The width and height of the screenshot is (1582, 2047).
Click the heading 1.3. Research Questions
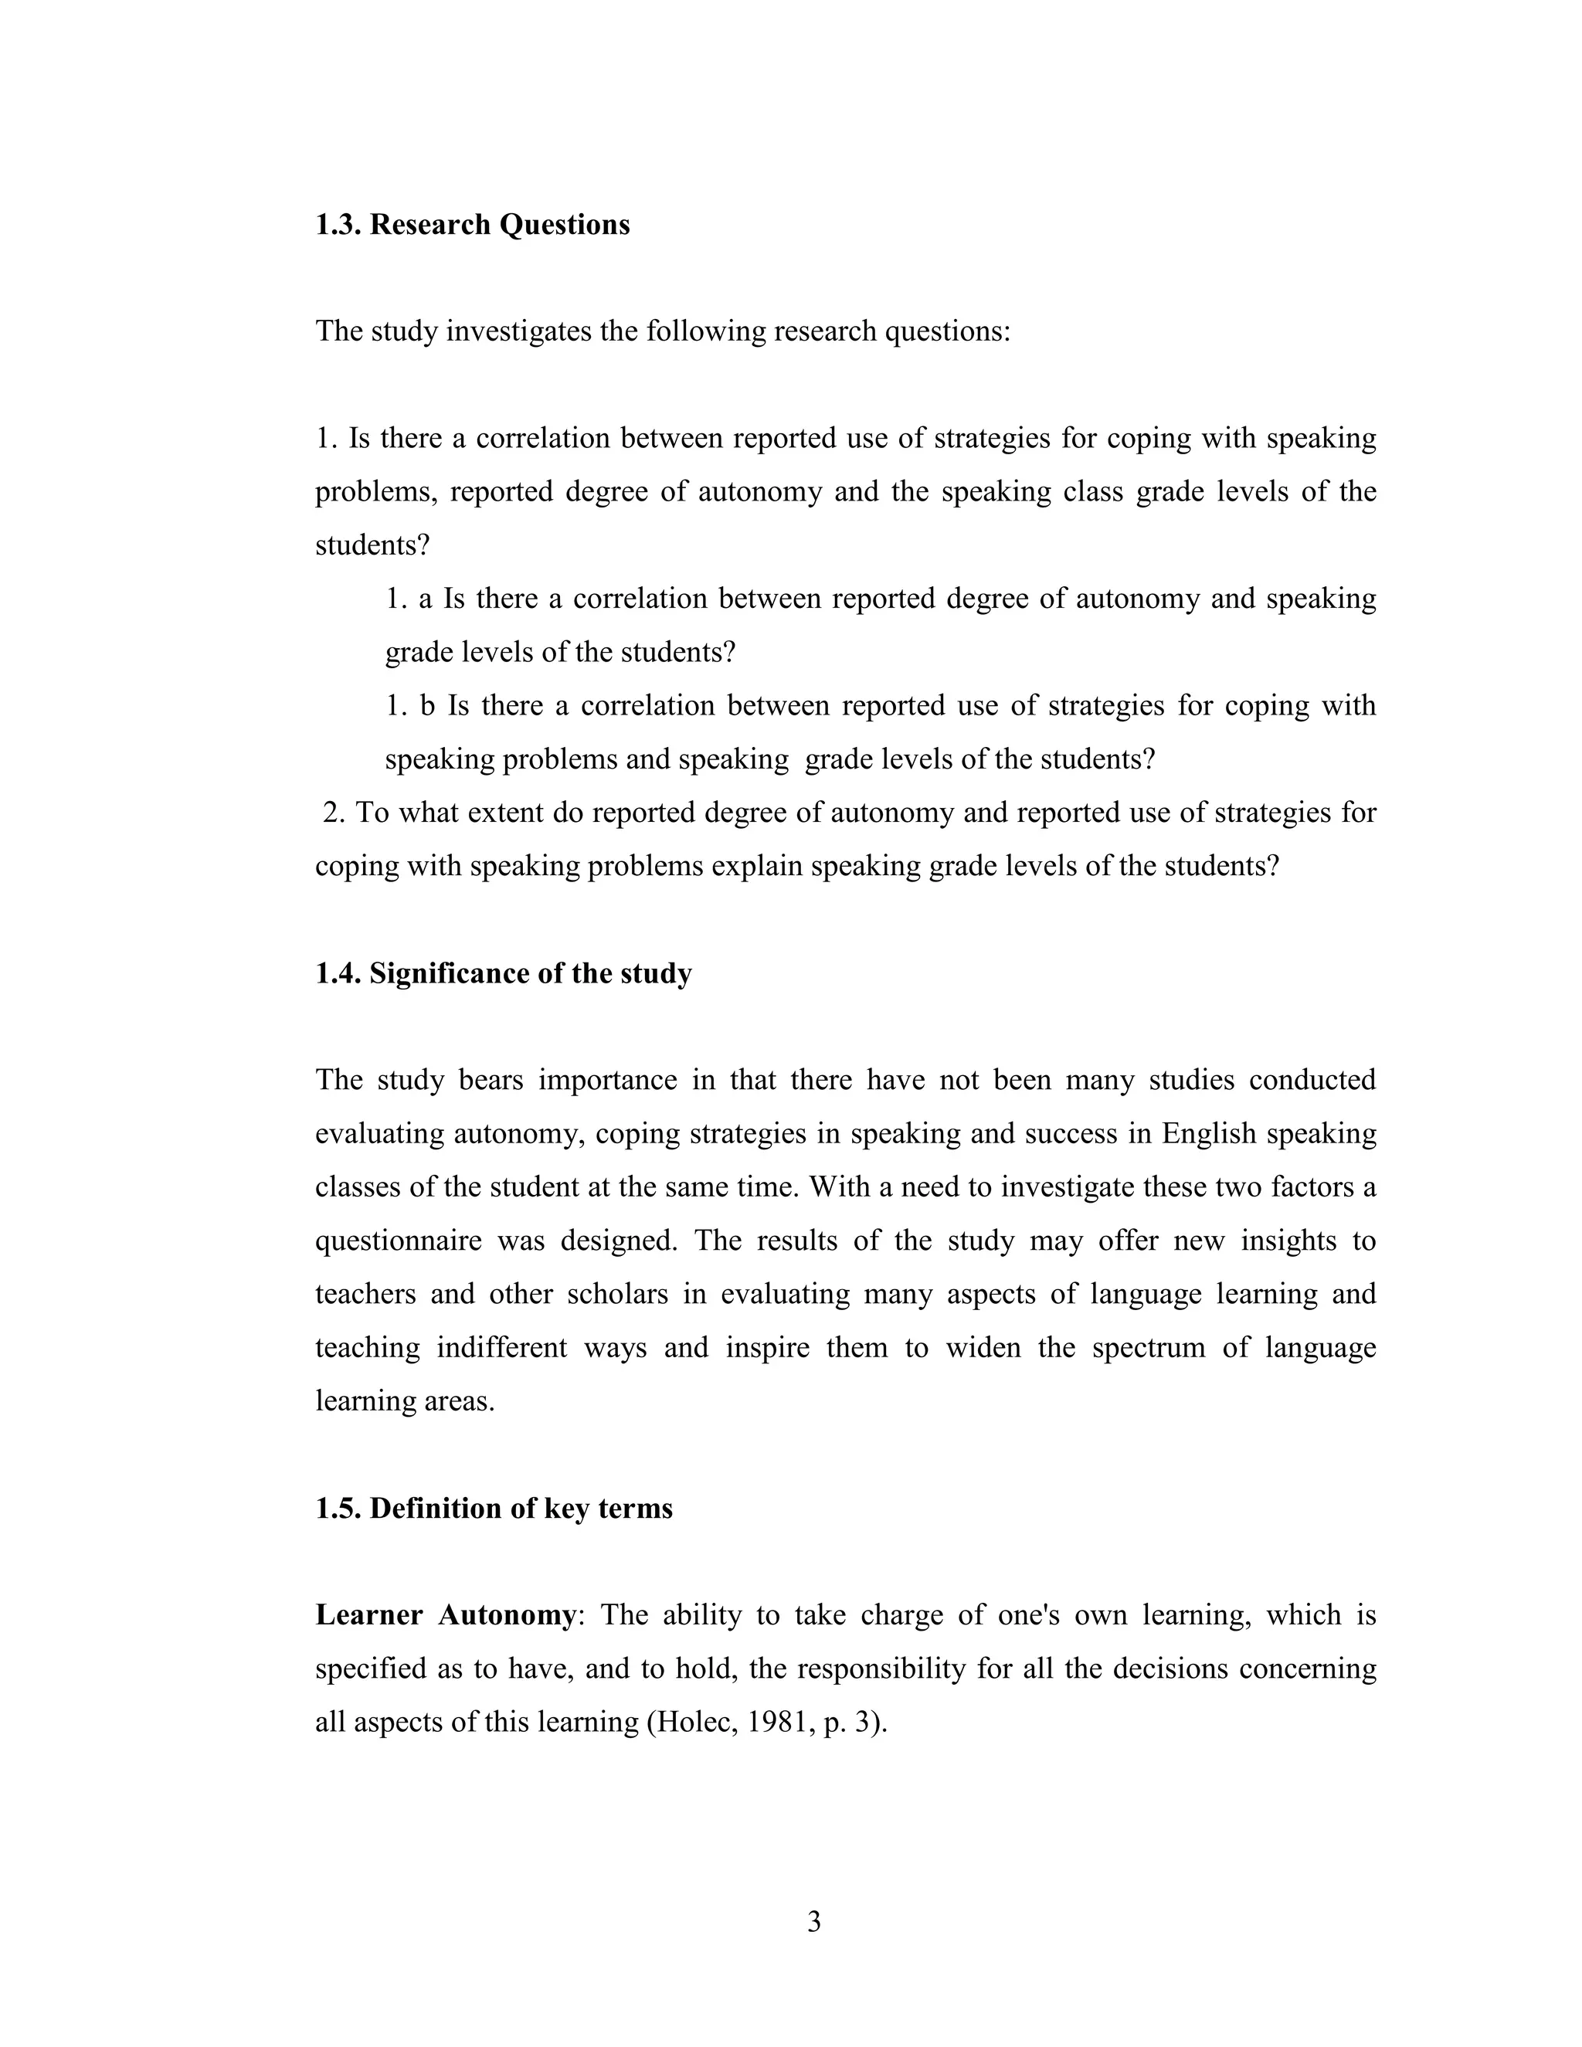(x=472, y=225)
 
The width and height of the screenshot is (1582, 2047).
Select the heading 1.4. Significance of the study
(x=504, y=974)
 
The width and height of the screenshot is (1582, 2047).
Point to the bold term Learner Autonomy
(x=445, y=1616)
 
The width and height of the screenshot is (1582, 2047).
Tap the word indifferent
(x=501, y=1348)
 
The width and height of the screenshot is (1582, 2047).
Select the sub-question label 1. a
(x=409, y=599)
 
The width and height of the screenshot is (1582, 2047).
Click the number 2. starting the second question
(x=334, y=813)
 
